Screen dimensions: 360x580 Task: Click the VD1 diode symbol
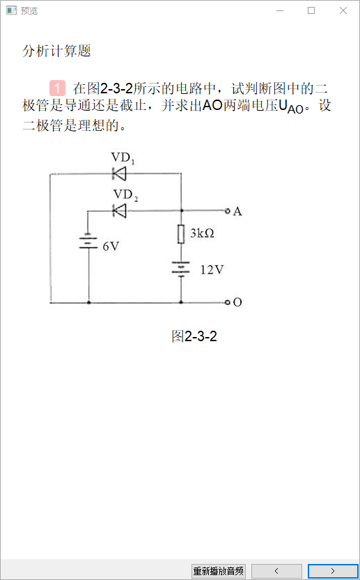[x=119, y=173]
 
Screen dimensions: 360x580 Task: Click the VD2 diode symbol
[x=119, y=211]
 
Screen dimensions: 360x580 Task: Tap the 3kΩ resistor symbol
[x=181, y=234]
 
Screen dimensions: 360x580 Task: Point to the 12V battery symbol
[x=181, y=269]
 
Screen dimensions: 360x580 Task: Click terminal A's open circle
[x=228, y=211]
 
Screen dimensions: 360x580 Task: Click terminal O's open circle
[x=228, y=302]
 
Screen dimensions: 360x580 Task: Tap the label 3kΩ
[x=202, y=233]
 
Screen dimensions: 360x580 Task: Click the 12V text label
[x=212, y=269]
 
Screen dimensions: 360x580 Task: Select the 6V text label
[x=111, y=246]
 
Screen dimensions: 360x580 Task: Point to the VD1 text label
[x=123, y=158]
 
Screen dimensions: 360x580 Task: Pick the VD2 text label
[x=125, y=195]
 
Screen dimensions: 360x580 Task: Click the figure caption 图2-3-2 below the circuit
[x=194, y=336]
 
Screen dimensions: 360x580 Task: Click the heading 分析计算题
[x=56, y=51]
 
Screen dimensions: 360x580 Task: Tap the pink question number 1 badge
[x=57, y=88]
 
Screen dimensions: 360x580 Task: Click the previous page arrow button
[x=276, y=571]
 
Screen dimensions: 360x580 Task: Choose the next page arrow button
[x=333, y=571]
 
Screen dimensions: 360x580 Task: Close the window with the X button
[x=343, y=10]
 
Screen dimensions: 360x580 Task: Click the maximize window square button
[x=311, y=10]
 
